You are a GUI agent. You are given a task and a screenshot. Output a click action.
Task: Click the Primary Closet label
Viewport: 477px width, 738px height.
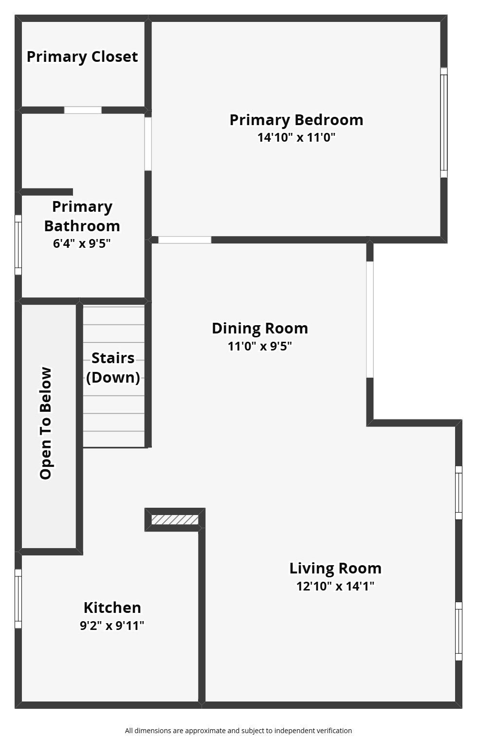(x=82, y=56)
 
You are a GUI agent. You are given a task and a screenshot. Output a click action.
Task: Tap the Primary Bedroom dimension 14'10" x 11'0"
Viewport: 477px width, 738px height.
(x=296, y=137)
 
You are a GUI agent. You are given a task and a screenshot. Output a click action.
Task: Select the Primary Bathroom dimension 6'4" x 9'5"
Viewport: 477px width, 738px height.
(x=82, y=243)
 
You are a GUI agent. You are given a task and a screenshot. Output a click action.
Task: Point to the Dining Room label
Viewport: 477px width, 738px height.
(x=260, y=328)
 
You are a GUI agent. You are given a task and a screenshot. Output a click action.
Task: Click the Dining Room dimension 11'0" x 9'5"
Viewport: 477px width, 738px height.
(x=260, y=346)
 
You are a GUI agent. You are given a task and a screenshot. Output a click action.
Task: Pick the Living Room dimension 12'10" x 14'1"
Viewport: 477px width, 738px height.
(x=335, y=586)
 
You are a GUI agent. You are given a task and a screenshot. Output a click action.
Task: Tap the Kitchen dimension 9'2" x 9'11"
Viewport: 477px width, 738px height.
(x=112, y=626)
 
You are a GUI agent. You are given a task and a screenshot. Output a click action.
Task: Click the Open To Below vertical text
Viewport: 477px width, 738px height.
(x=46, y=424)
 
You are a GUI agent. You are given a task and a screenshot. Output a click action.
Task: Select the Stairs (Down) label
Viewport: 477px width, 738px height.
(x=113, y=368)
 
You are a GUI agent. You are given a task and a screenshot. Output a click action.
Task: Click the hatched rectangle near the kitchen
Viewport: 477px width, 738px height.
(x=175, y=520)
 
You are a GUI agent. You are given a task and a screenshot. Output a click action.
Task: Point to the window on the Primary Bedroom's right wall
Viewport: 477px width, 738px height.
(x=443, y=122)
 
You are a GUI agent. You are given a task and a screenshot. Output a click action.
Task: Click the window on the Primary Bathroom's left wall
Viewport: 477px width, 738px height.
(x=18, y=245)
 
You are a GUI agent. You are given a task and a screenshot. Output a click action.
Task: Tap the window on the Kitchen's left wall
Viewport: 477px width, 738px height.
(x=18, y=599)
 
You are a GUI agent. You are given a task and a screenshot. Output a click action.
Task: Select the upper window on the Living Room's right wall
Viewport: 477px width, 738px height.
(x=459, y=493)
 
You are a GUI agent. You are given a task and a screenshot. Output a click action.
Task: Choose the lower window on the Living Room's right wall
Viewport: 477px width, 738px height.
(x=459, y=631)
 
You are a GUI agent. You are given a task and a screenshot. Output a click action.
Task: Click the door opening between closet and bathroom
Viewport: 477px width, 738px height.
(x=83, y=110)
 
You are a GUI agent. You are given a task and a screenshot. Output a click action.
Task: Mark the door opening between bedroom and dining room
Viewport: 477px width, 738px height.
(x=185, y=240)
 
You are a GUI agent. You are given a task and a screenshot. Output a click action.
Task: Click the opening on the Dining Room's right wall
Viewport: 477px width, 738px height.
(x=370, y=319)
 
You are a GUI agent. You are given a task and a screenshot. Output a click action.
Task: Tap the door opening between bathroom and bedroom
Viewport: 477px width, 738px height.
(x=148, y=144)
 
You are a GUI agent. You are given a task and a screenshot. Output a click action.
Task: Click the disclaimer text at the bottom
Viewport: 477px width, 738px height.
(x=238, y=730)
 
